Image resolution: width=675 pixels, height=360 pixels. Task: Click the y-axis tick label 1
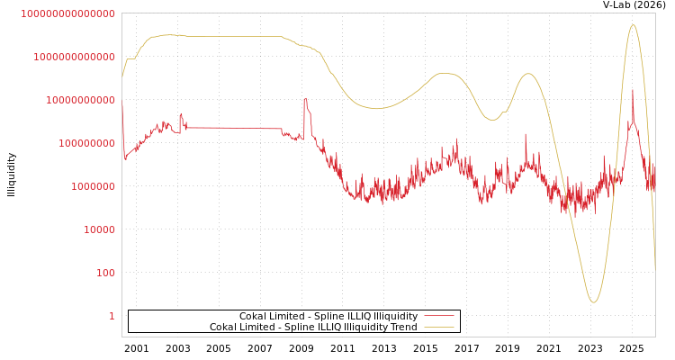click(x=112, y=316)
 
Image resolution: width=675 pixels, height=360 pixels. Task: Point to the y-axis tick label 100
click(x=105, y=273)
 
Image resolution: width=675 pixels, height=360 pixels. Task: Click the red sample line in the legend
click(x=438, y=317)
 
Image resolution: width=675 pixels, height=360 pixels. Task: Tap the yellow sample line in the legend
click(x=438, y=328)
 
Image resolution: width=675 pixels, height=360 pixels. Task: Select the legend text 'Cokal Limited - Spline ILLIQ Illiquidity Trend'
click(x=313, y=328)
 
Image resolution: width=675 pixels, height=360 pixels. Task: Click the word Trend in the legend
click(x=402, y=328)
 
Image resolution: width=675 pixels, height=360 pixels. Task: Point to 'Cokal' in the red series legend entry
click(x=254, y=317)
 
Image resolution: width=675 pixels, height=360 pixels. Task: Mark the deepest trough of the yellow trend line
click(x=593, y=301)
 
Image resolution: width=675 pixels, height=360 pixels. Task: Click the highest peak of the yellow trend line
click(x=633, y=25)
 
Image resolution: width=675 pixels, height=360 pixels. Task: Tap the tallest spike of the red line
click(x=633, y=89)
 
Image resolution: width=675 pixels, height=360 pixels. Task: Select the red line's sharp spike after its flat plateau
click(x=306, y=98)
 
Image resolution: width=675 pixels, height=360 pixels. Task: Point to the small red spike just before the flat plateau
click(x=181, y=114)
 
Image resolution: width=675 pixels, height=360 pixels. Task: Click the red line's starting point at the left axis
click(x=122, y=106)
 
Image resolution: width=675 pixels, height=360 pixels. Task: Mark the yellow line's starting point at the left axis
click(x=122, y=77)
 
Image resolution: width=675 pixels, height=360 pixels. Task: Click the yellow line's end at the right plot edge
click(x=655, y=268)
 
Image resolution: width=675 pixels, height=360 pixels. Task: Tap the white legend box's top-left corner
click(x=129, y=310)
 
